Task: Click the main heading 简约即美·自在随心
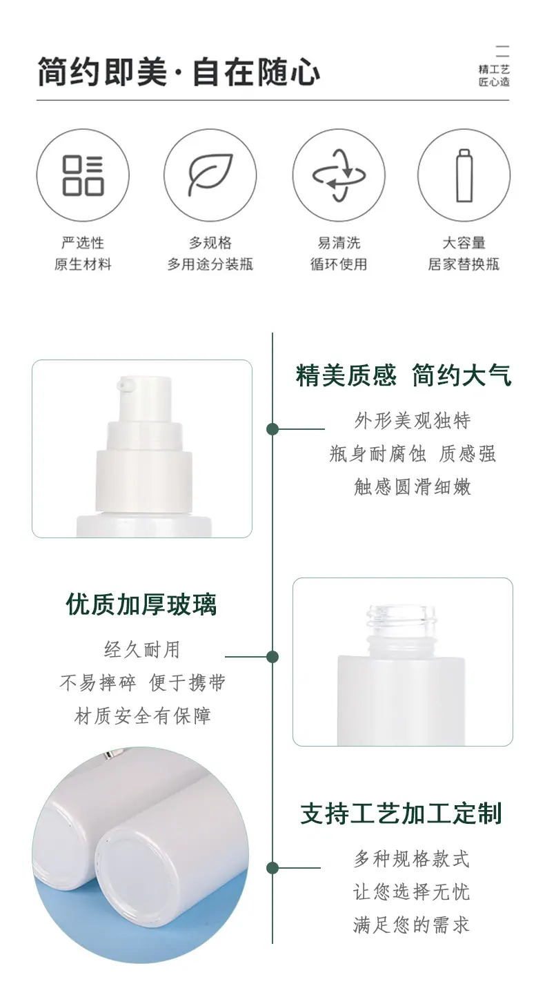click(x=179, y=72)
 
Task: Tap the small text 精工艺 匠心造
click(x=494, y=75)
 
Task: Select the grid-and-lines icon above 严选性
click(x=83, y=175)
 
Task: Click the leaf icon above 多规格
click(x=210, y=175)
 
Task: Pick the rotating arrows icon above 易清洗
click(x=339, y=175)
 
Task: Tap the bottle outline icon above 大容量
click(x=464, y=175)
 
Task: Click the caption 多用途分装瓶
click(x=210, y=264)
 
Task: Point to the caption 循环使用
click(x=339, y=264)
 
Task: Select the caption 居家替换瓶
click(x=464, y=264)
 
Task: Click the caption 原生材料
click(x=83, y=264)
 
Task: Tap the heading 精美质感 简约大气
click(x=404, y=375)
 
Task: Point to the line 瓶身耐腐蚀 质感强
click(x=413, y=454)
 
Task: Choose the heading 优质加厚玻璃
click(x=141, y=604)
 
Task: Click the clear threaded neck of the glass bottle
click(x=402, y=620)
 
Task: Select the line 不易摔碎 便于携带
click(x=142, y=682)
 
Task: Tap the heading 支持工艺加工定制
click(x=401, y=813)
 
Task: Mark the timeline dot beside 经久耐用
click(x=272, y=657)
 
